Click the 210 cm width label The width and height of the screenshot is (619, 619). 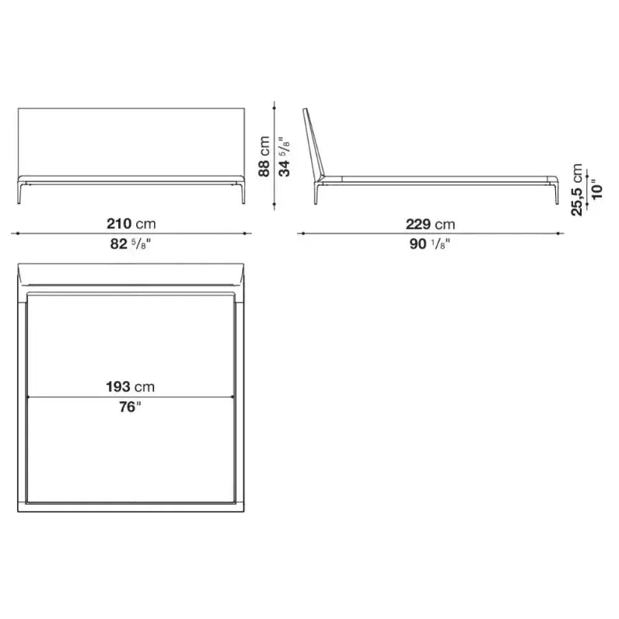point(131,224)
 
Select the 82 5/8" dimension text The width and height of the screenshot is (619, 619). point(131,243)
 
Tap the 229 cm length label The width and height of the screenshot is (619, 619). point(430,224)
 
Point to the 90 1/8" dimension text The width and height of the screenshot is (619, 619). point(429,243)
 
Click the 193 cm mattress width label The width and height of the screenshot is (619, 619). point(131,386)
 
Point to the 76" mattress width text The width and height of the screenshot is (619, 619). point(131,407)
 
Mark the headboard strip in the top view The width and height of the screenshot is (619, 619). point(131,277)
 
